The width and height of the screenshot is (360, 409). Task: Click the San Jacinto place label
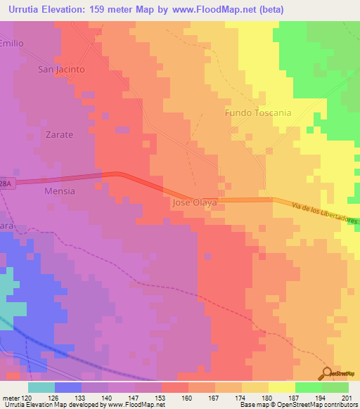tap(61, 70)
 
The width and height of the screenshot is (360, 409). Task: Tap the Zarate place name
tap(59, 134)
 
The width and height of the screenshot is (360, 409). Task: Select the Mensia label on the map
tap(59, 190)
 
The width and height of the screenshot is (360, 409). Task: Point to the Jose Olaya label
tap(194, 202)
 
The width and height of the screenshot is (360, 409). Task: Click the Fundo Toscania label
tap(257, 112)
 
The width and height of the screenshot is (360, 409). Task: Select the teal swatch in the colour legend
tap(41, 387)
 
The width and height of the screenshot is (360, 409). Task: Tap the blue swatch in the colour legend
tap(68, 387)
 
